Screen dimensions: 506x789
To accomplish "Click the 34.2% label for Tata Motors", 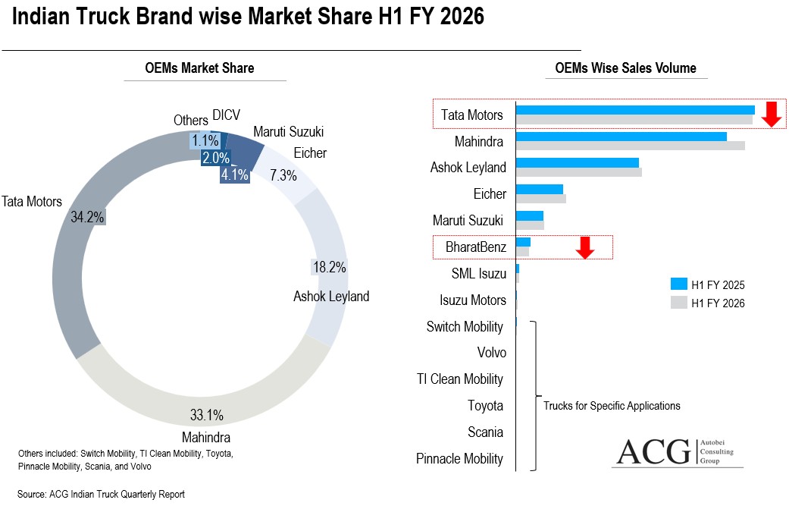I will [x=86, y=217].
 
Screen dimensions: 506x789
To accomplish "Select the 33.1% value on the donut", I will [x=206, y=416].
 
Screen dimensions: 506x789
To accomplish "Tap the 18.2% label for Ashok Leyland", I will [x=329, y=267].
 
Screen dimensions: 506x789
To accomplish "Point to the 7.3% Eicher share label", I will [x=283, y=175].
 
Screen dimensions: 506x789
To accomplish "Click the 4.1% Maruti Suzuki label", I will [x=234, y=174].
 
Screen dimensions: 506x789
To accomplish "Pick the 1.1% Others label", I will [x=205, y=140].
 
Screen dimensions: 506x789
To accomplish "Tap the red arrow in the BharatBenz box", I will [x=584, y=247].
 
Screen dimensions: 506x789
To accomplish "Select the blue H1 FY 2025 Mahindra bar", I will [x=621, y=137].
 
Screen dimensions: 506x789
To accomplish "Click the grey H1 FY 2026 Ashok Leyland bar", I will [x=578, y=172].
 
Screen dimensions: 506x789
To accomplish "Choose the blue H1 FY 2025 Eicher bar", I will [x=539, y=189].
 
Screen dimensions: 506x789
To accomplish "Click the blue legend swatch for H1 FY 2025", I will [x=678, y=284].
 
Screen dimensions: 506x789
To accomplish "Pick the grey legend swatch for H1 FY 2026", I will [x=678, y=303].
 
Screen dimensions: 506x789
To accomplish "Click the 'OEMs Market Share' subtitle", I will [x=199, y=68].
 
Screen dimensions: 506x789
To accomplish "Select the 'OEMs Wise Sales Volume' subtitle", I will [x=625, y=68].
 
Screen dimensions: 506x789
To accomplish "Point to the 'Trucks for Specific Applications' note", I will [x=612, y=406].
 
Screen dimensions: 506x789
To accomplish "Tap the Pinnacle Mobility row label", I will [x=459, y=458].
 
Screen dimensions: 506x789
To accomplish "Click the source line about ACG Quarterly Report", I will [x=101, y=494].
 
